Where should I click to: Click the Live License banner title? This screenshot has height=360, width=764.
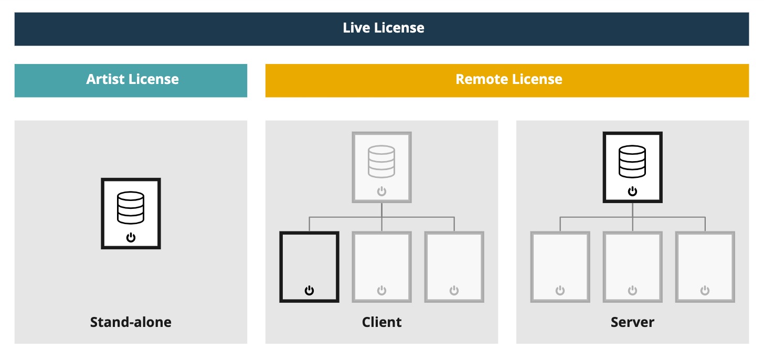tap(384, 28)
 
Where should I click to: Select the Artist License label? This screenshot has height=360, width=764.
tap(132, 79)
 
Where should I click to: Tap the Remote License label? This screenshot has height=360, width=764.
tap(508, 79)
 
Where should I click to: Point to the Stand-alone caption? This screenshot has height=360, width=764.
tap(131, 322)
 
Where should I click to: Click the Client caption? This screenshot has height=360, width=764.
tap(381, 322)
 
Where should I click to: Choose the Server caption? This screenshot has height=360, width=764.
tap(632, 322)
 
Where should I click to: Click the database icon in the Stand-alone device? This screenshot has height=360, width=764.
tap(131, 207)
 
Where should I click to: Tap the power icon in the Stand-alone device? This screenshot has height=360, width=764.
tap(131, 238)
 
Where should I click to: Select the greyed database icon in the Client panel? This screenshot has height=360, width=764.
tap(381, 161)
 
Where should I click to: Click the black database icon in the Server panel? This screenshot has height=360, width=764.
tap(632, 161)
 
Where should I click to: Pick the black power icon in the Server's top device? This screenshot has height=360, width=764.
tap(632, 192)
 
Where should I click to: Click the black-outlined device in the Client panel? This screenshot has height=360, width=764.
tap(309, 267)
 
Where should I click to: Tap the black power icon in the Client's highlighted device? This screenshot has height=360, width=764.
tap(309, 290)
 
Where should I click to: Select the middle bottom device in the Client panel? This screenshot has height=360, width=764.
tap(381, 267)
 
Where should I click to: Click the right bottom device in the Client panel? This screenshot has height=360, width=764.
tap(454, 267)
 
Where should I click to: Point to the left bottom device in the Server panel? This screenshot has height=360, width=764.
tap(560, 267)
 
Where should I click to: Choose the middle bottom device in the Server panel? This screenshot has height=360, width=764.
tap(632, 267)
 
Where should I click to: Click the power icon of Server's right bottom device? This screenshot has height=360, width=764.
tap(705, 290)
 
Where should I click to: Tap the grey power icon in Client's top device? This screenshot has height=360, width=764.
tap(381, 192)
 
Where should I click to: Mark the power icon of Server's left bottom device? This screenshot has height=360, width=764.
tap(560, 290)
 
